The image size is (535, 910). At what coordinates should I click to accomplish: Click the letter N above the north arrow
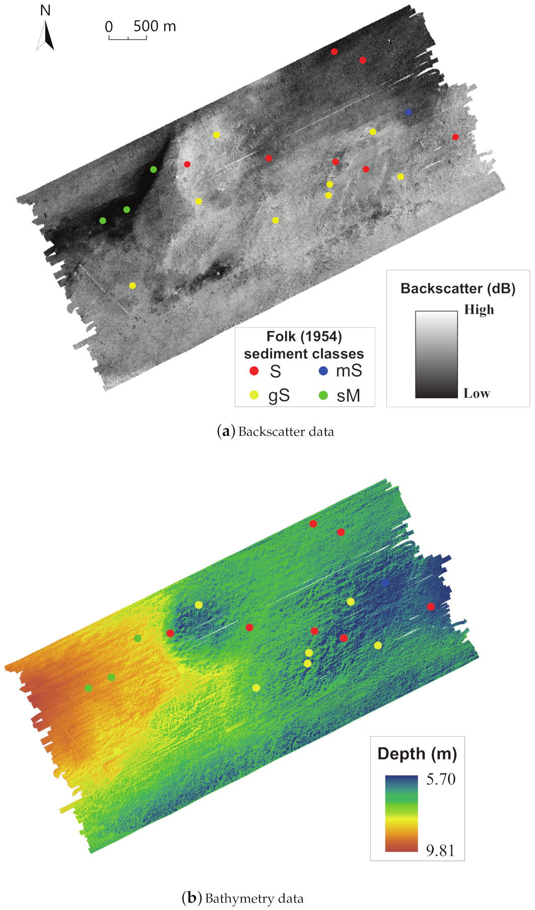pyautogui.click(x=45, y=10)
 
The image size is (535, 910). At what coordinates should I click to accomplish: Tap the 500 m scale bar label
pyautogui.click(x=155, y=26)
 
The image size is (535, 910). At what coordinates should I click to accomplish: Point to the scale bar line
pyautogui.click(x=127, y=38)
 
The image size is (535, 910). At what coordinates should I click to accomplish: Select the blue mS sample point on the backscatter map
pyautogui.click(x=409, y=112)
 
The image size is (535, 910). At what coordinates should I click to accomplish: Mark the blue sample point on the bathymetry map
pyautogui.click(x=385, y=583)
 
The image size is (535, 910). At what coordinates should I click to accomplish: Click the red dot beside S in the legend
pyautogui.click(x=254, y=371)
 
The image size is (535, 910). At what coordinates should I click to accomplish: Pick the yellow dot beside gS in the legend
pyautogui.click(x=254, y=395)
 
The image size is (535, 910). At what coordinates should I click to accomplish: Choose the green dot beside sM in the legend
pyautogui.click(x=323, y=395)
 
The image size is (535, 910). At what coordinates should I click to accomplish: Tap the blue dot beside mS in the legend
pyautogui.click(x=323, y=371)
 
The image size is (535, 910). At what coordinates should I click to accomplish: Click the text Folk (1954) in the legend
pyautogui.click(x=304, y=336)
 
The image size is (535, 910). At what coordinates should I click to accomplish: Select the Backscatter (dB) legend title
pyautogui.click(x=458, y=288)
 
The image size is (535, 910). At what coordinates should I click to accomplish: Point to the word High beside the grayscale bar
pyautogui.click(x=479, y=310)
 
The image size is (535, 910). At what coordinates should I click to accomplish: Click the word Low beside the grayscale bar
pyautogui.click(x=477, y=393)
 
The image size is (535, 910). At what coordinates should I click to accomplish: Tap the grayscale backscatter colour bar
pyautogui.click(x=436, y=354)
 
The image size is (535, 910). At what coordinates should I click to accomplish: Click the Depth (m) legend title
pyautogui.click(x=417, y=753)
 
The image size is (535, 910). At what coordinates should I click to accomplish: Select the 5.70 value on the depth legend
pyautogui.click(x=440, y=779)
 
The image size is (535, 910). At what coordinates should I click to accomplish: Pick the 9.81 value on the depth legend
pyautogui.click(x=440, y=850)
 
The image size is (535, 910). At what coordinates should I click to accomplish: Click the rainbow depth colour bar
pyautogui.click(x=402, y=813)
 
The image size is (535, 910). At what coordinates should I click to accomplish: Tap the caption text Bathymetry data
pyautogui.click(x=254, y=898)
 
